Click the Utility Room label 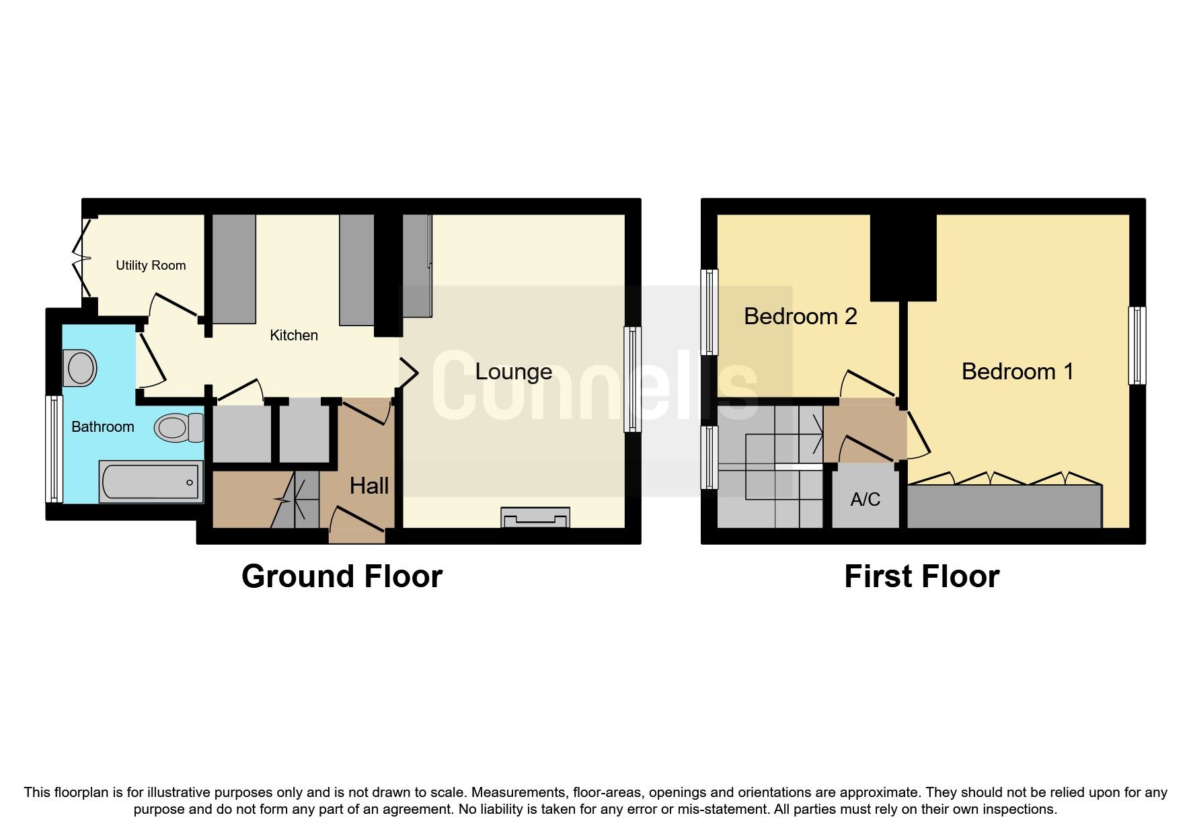pyautogui.click(x=151, y=265)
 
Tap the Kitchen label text pyautogui.click(x=293, y=335)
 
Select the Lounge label pyautogui.click(x=513, y=371)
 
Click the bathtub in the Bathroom pyautogui.click(x=151, y=481)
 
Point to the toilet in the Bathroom pyautogui.click(x=178, y=427)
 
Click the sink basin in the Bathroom pyautogui.click(x=81, y=368)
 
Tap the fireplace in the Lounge pyautogui.click(x=535, y=518)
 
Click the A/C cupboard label pyautogui.click(x=865, y=499)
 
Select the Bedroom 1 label pyautogui.click(x=1017, y=371)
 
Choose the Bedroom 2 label pyautogui.click(x=800, y=316)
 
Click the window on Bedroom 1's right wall pyautogui.click(x=1137, y=345)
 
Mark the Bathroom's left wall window pyautogui.click(x=54, y=449)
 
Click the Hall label pyautogui.click(x=369, y=486)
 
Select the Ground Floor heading pyautogui.click(x=342, y=576)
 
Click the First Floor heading pyautogui.click(x=921, y=576)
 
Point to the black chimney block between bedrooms pyautogui.click(x=903, y=258)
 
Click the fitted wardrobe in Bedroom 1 pyautogui.click(x=1004, y=506)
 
